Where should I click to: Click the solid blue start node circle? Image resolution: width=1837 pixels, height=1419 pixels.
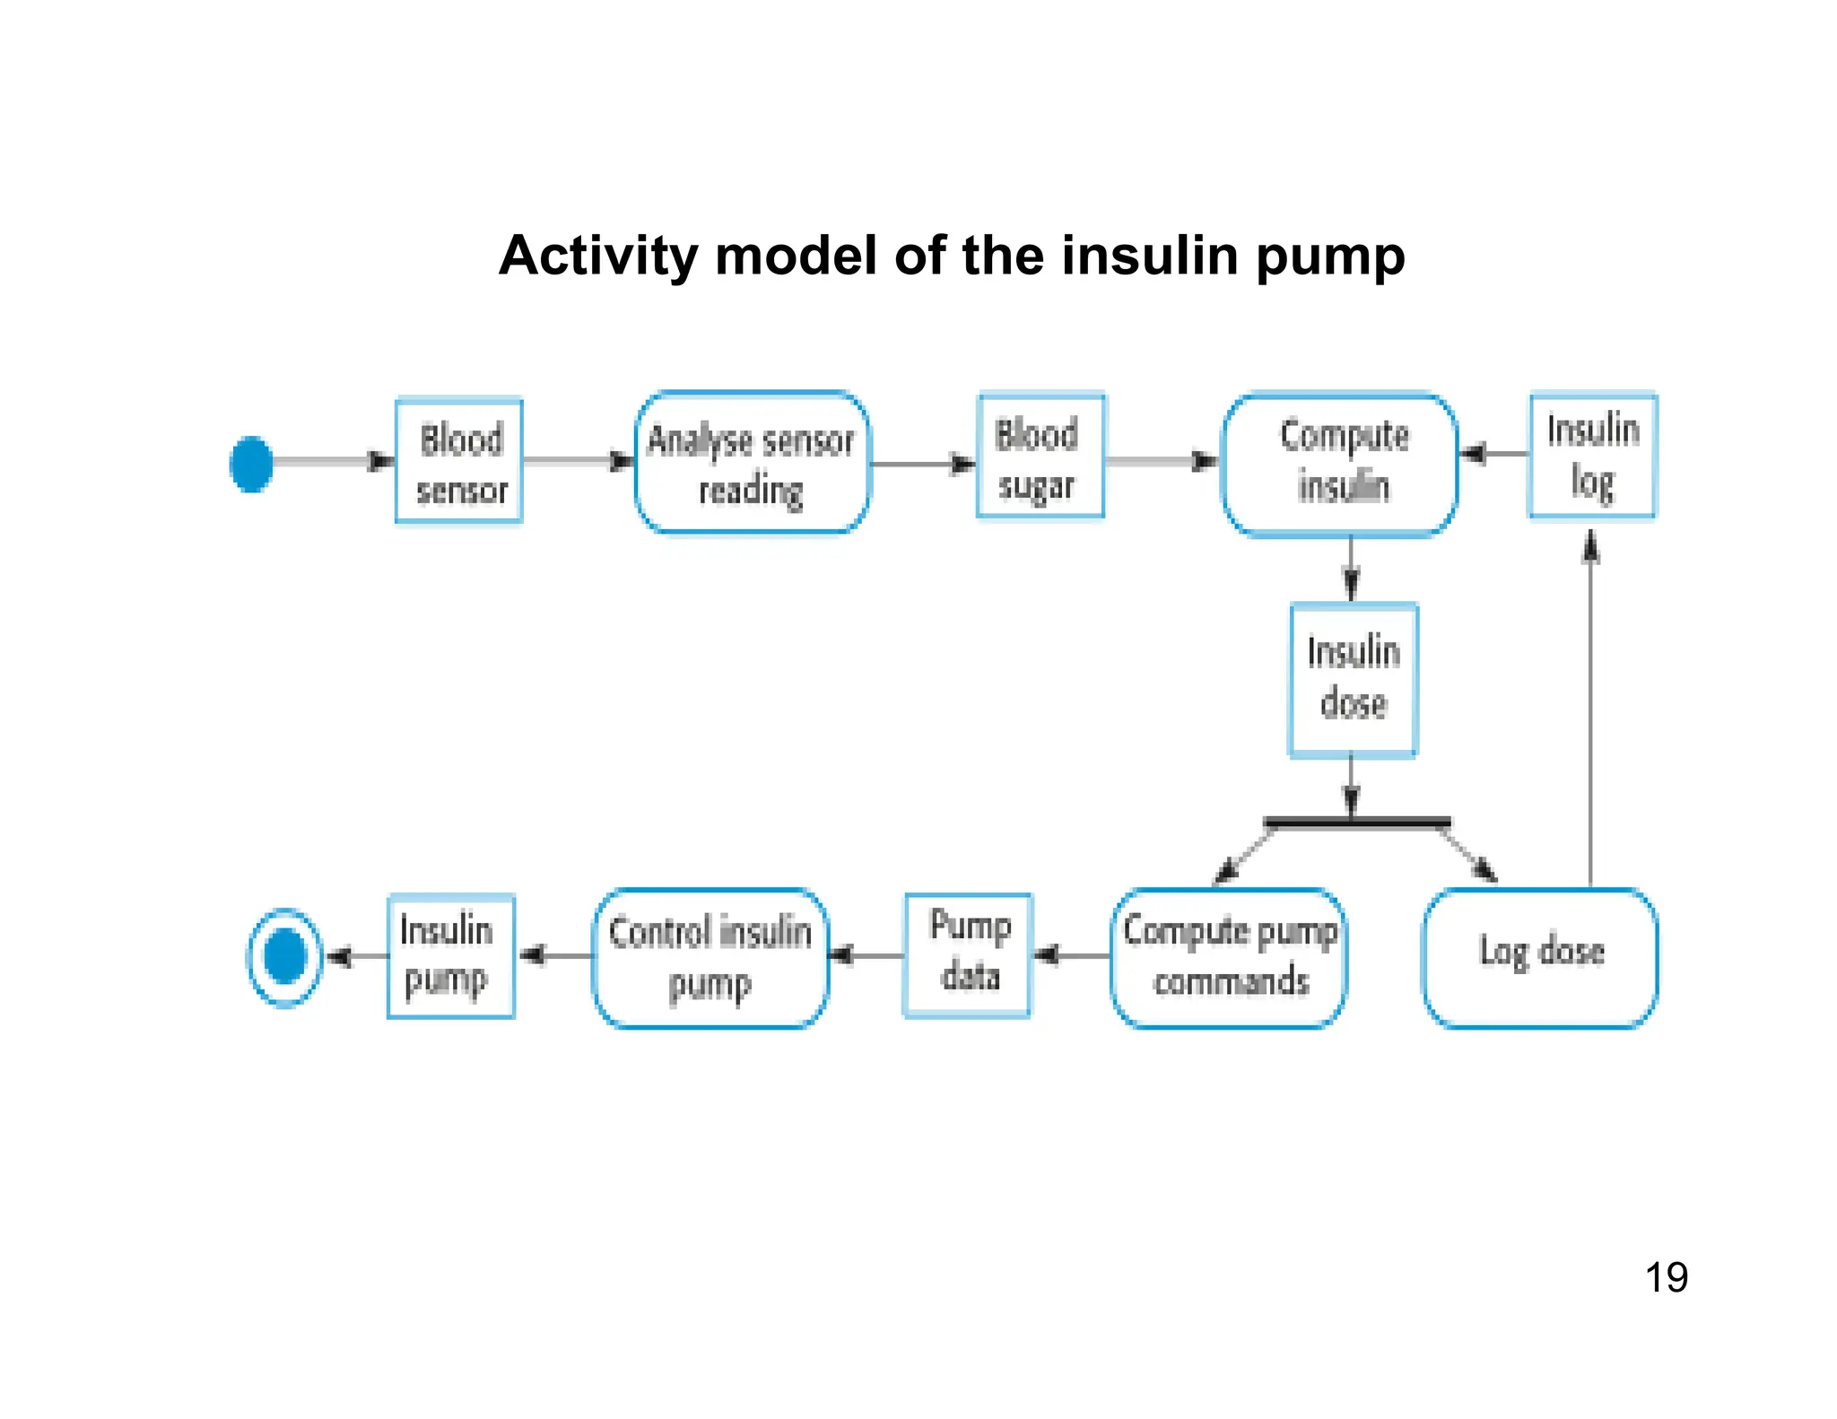pos(251,464)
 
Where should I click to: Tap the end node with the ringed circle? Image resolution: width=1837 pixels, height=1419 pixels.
pos(284,957)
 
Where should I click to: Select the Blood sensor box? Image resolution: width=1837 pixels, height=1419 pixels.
pos(459,462)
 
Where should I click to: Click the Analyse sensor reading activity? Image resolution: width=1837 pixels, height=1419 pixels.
pos(752,464)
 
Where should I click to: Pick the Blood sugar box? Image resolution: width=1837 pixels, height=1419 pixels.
pos(1040,457)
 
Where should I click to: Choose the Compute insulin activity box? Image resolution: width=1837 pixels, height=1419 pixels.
pos(1340,465)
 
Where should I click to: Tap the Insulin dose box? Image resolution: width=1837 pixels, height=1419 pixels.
pos(1353,680)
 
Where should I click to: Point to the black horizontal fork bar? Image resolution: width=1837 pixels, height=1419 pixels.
pos(1356,822)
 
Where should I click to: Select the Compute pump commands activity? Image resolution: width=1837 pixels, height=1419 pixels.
pos(1229,958)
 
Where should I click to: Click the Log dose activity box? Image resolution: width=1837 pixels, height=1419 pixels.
pos(1540,958)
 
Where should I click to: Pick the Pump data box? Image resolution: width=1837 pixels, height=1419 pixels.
pos(968,956)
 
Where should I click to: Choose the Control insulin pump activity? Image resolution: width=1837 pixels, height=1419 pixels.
pos(710,958)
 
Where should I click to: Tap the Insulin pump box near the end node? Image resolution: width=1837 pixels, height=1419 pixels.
pos(450,956)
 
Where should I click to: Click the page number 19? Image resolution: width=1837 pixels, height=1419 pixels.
pos(1666,1277)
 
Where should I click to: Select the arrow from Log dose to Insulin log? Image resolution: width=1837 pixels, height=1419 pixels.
pos(1590,709)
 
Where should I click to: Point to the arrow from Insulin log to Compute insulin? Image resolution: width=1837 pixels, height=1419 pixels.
pos(1493,454)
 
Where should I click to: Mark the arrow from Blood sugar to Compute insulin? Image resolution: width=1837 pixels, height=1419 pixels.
pos(1162,462)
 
